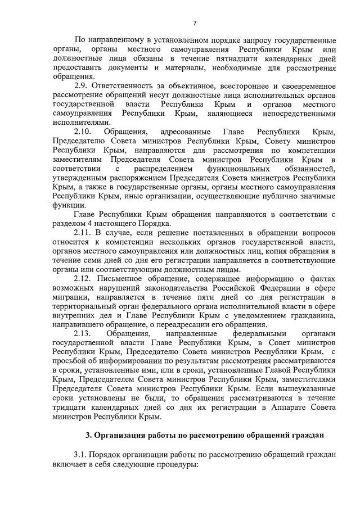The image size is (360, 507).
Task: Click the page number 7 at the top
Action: pos(195,23)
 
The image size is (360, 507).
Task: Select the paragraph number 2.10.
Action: pos(82,132)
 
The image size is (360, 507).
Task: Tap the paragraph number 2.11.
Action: pos(83,232)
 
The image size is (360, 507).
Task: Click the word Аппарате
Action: pos(268,408)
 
